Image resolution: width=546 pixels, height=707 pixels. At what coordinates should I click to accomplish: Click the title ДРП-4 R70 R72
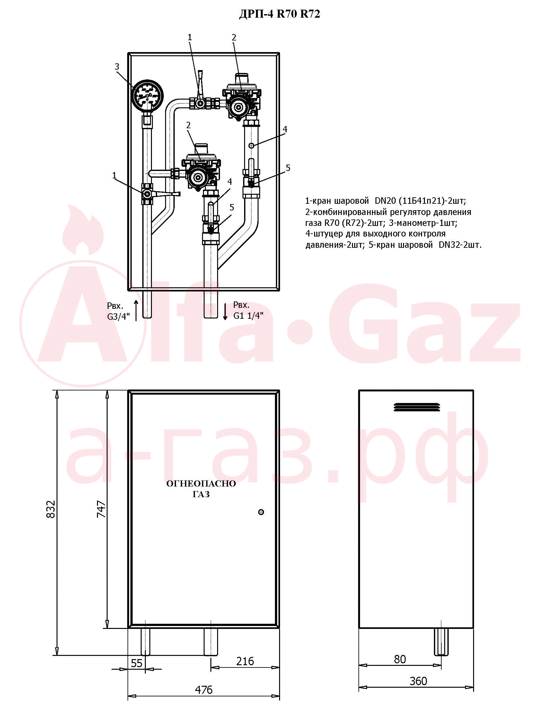(279, 14)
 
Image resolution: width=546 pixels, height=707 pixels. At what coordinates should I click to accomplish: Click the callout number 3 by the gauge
(117, 67)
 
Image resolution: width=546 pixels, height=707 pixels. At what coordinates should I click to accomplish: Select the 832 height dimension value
(51, 509)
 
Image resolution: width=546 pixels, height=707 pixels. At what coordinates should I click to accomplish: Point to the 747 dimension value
(101, 509)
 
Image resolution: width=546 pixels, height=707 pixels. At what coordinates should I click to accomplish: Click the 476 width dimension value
(204, 690)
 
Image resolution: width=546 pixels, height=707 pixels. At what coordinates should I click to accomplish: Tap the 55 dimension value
(136, 663)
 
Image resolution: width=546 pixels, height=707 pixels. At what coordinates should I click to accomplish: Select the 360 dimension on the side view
(418, 681)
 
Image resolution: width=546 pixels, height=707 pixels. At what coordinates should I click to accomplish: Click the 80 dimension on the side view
(400, 659)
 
